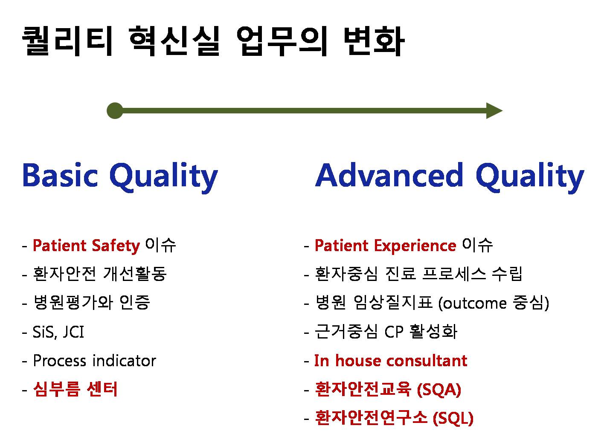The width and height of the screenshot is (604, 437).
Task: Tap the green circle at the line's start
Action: (115, 110)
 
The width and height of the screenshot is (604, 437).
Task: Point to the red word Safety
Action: (116, 246)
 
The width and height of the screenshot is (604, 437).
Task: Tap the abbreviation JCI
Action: (73, 332)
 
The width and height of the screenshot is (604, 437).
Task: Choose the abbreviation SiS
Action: (44, 332)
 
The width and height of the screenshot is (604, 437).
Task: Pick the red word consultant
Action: (427, 360)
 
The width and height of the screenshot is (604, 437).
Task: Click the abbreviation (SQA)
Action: (439, 390)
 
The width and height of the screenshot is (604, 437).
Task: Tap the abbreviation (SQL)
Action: (453, 418)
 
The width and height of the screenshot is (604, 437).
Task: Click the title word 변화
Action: (374, 41)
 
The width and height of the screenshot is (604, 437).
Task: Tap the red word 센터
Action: (102, 389)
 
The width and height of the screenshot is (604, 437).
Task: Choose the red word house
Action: (357, 360)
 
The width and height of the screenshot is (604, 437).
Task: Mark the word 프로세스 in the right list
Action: (454, 274)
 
